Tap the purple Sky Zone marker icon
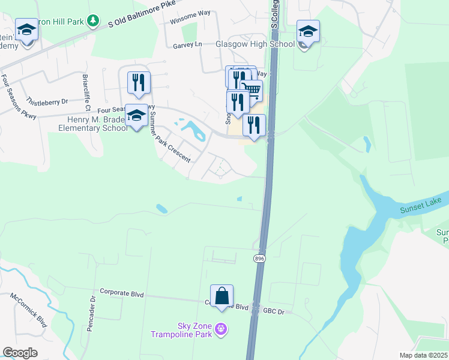pos(221,328)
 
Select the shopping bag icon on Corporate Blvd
pos(221,296)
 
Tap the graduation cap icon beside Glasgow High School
pos(308,32)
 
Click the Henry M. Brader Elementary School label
pos(92,123)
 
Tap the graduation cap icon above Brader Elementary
pos(137,116)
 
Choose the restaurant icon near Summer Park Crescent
pos(139,83)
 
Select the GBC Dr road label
pos(277,312)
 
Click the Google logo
pos(20,353)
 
